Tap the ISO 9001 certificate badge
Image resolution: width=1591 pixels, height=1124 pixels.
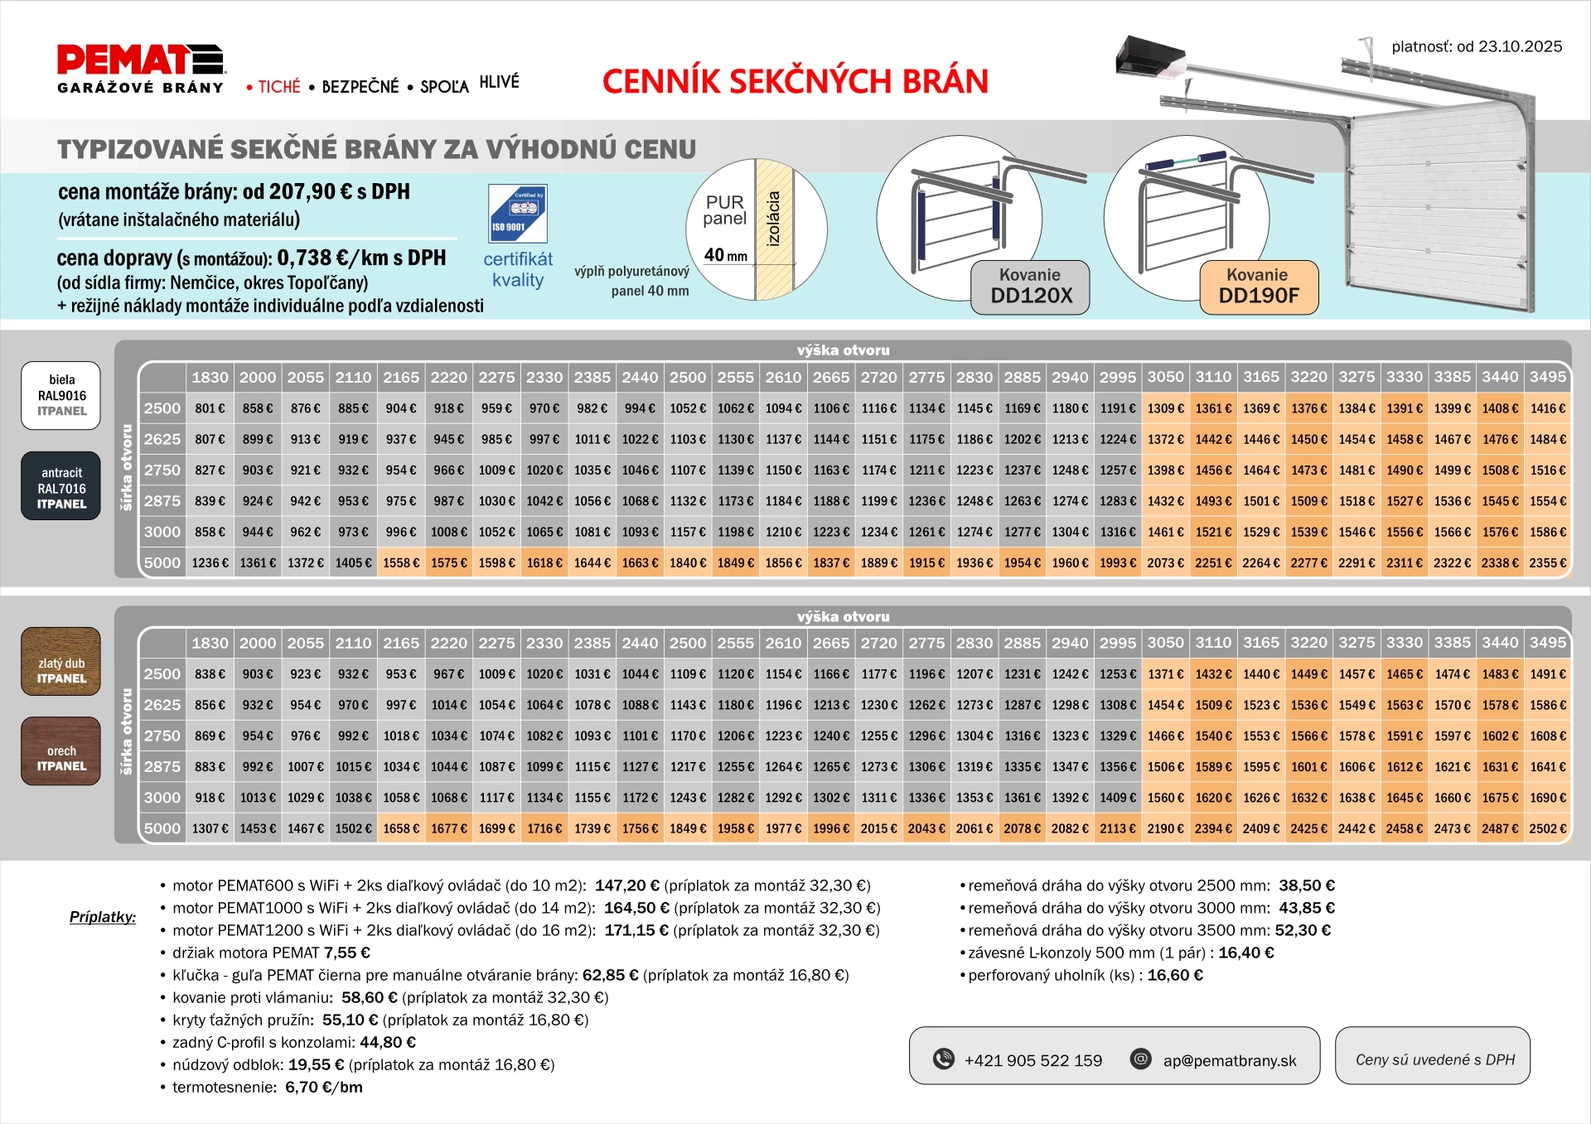[x=517, y=214]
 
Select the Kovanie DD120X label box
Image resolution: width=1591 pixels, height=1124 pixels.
[x=1030, y=287]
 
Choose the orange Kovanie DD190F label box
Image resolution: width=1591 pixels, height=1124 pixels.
[x=1258, y=287]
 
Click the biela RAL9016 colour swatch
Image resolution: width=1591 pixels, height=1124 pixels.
[x=61, y=395]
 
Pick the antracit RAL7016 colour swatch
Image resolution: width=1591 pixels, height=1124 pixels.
[x=61, y=487]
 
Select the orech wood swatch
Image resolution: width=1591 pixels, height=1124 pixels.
[x=61, y=751]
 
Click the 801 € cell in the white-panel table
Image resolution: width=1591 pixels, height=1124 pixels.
[x=210, y=408]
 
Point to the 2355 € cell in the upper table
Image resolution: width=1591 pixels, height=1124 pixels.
[x=1547, y=563]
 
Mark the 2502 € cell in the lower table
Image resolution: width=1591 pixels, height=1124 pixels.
[x=1547, y=828]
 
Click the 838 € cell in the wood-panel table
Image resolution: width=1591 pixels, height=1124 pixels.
[x=210, y=674]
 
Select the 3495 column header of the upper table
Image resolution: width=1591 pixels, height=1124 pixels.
[x=1547, y=377]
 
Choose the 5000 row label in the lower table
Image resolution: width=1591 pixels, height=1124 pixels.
[x=162, y=828]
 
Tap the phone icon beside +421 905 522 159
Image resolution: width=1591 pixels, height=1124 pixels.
[x=944, y=1059]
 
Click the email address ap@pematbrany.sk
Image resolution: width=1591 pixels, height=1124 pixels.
[x=1230, y=1060]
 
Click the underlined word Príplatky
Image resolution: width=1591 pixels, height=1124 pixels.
[x=103, y=917]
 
